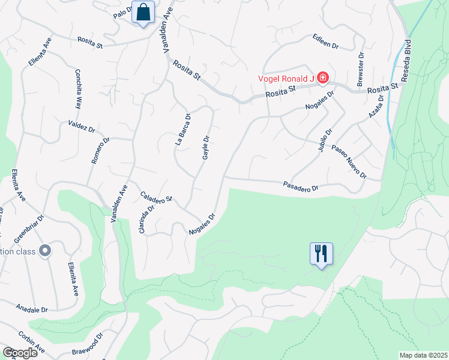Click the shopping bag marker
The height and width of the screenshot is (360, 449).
coord(143,12)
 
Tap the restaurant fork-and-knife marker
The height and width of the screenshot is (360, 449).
coord(321,253)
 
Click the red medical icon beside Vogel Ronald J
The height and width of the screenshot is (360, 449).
coord(323,77)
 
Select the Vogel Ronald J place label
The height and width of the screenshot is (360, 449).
coord(286,78)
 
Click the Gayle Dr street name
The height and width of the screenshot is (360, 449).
coord(205,148)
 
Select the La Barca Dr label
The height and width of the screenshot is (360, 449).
coord(182,130)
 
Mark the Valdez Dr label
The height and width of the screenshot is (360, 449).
coord(82,128)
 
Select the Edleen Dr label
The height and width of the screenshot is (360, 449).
coord(325,41)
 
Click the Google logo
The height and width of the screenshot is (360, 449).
coord(20,353)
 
